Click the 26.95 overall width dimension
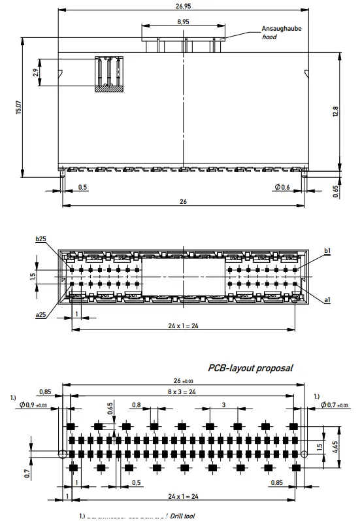pyautogui.click(x=183, y=7)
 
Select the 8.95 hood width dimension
pyautogui.click(x=183, y=22)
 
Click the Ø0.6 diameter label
pyautogui.click(x=282, y=188)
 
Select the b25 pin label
pyautogui.click(x=41, y=241)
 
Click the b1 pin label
pyautogui.click(x=327, y=250)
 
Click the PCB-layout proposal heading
pyautogui.click(x=250, y=368)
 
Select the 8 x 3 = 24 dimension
pyautogui.click(x=184, y=392)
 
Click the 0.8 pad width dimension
pyautogui.click(x=136, y=405)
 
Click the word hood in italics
pyautogui.click(x=269, y=37)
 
